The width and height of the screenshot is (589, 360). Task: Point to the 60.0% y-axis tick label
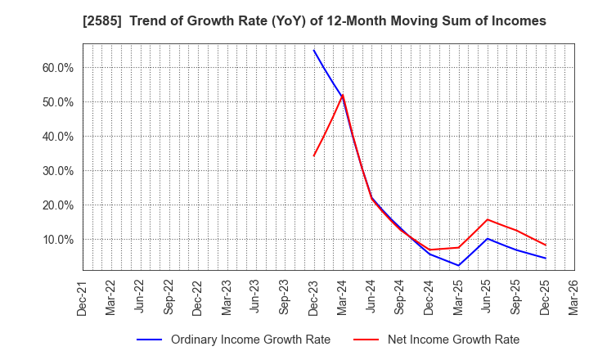58,68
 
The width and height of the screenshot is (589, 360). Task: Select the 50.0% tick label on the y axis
58,102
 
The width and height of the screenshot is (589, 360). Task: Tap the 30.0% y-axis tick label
58,171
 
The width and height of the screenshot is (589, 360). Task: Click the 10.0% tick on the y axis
58,240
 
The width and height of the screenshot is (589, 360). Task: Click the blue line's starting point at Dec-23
313,50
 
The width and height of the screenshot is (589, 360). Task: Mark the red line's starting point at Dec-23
313,156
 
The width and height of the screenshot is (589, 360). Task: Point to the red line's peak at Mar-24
343,95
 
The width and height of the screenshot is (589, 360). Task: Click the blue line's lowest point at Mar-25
458,265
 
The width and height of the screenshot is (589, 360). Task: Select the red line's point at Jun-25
488,219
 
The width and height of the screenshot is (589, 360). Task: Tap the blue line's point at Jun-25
488,239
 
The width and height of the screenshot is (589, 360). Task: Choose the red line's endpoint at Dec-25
546,245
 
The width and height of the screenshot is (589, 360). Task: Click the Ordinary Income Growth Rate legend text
250,340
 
